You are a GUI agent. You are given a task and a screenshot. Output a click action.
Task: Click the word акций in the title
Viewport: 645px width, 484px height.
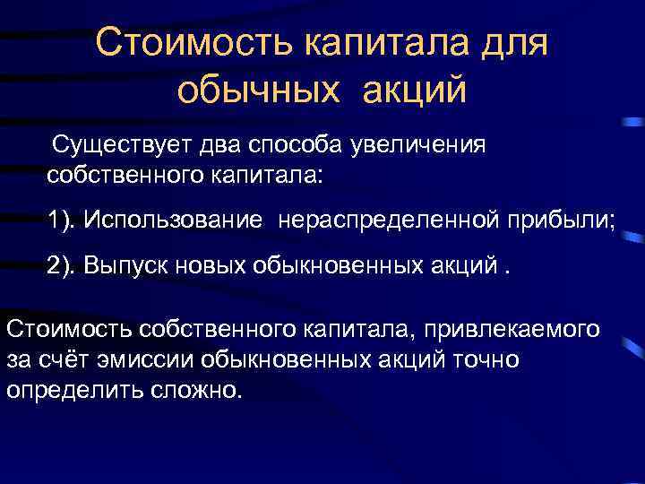tap(415, 91)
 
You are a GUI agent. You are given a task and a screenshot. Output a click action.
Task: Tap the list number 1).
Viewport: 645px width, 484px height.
tap(62, 219)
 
